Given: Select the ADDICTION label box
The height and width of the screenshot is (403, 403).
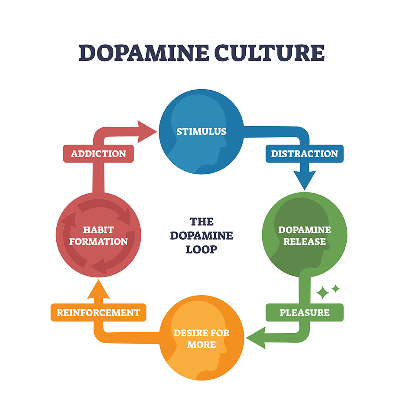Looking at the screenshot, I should [98, 154].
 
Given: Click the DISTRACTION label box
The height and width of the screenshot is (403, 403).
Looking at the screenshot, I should [304, 154].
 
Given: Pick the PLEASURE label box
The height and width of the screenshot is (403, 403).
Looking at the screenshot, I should [304, 312].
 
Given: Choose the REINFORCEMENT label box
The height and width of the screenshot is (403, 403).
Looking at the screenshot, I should [98, 312].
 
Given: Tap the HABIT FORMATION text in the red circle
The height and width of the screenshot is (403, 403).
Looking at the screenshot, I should [98, 235].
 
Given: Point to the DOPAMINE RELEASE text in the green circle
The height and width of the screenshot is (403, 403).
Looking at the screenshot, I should [305, 235].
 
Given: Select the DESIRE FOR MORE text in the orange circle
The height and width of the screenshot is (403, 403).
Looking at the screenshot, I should [201, 339].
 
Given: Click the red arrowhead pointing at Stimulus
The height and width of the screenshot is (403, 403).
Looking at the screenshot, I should [147, 131].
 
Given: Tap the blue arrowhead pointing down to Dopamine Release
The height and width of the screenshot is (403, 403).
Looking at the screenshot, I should [305, 180].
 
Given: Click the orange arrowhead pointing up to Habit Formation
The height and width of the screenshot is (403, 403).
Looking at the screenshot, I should [99, 288].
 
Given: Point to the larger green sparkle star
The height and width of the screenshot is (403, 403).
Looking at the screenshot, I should [322, 293].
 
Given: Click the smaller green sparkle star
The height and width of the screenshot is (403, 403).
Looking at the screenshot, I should [335, 288].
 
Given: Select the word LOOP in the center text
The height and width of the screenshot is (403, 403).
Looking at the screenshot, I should [201, 250].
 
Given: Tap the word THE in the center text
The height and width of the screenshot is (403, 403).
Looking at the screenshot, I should [201, 222].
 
